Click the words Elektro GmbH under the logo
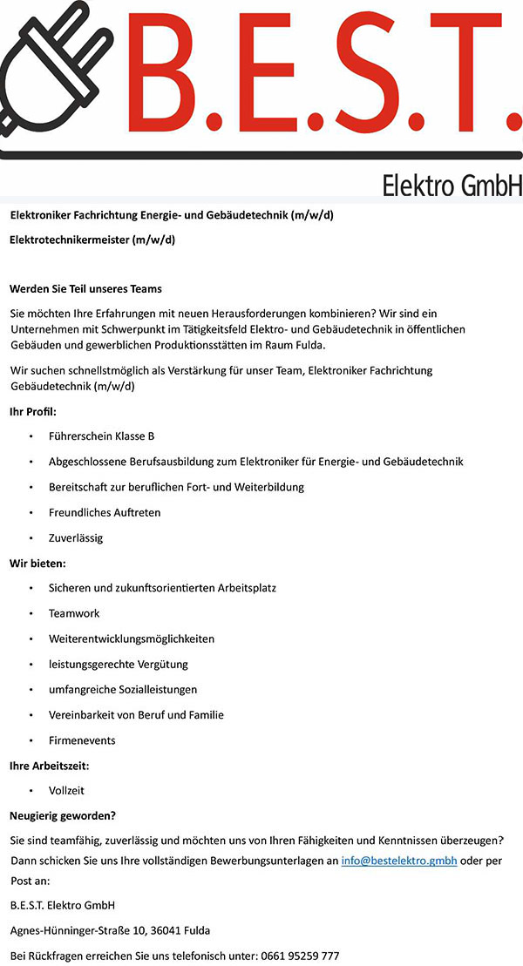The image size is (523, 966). [x=451, y=186]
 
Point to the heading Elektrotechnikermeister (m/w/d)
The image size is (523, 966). [x=92, y=239]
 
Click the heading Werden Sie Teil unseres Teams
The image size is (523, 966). [x=85, y=288]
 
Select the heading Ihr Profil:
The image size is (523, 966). [x=33, y=410]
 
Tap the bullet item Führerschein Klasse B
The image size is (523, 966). [x=102, y=436]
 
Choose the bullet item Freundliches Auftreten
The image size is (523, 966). [x=105, y=512]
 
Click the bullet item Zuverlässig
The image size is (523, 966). [x=76, y=537]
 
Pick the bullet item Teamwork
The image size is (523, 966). [x=74, y=613]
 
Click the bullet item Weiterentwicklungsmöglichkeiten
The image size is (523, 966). [x=132, y=638]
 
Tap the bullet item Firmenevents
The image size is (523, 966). [x=82, y=740]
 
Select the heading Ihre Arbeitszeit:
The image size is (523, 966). [x=50, y=766]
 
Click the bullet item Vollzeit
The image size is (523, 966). [x=66, y=791]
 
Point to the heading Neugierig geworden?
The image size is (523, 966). [x=63, y=816]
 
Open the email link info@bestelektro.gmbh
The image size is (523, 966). [x=399, y=861]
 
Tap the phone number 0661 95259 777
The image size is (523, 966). [x=300, y=956]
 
